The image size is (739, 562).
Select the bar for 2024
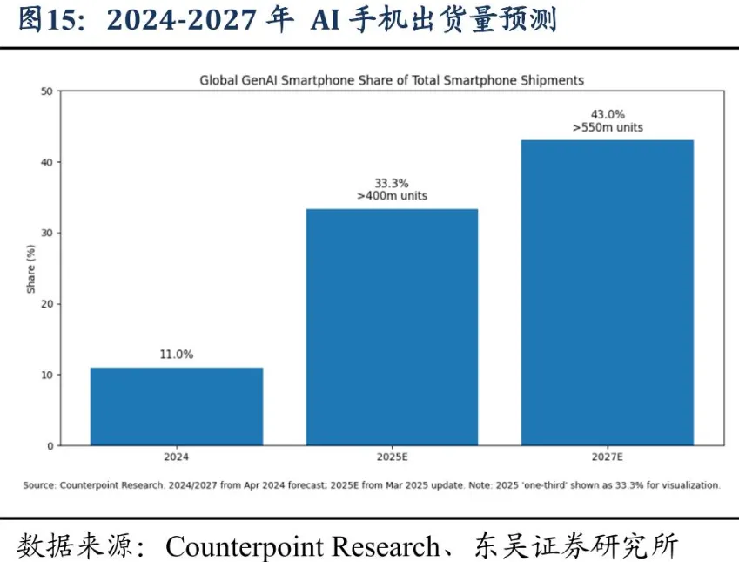tap(177, 406)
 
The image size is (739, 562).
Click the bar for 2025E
tap(392, 327)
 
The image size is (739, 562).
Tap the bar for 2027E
tap(608, 293)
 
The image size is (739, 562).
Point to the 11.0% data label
tap(177, 355)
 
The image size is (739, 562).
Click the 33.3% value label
tap(392, 183)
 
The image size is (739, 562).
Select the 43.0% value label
tap(608, 114)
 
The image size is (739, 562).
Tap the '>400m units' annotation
tap(392, 196)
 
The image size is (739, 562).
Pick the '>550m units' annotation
tap(608, 127)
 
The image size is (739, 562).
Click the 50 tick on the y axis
tap(47, 91)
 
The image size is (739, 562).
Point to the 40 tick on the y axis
tap(47, 162)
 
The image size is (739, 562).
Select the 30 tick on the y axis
tap(47, 234)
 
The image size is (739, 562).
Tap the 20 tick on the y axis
tap(47, 304)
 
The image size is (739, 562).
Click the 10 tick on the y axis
tap(47, 376)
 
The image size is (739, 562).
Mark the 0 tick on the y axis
tap(50, 446)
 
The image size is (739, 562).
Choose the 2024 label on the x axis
tap(177, 457)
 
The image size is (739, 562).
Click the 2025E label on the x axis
tap(392, 457)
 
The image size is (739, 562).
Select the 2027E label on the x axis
tap(608, 457)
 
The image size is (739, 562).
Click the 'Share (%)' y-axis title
tap(31, 269)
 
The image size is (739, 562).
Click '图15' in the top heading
tap(47, 20)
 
